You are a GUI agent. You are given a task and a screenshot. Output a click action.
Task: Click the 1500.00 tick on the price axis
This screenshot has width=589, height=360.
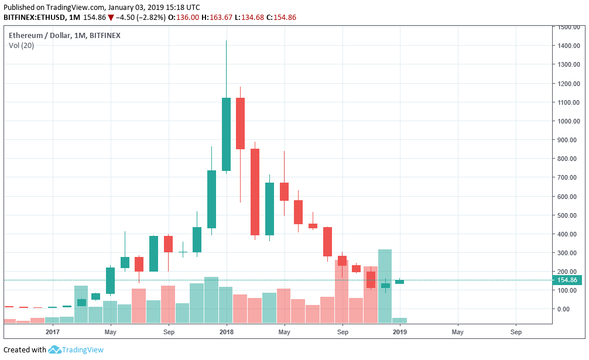click(x=569, y=28)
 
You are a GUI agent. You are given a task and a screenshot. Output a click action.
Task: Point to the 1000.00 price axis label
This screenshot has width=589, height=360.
click(x=569, y=121)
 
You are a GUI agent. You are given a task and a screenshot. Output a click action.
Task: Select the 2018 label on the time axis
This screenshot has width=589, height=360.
click(x=225, y=332)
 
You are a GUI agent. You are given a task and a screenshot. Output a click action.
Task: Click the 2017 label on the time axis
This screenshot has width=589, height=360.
click(x=53, y=332)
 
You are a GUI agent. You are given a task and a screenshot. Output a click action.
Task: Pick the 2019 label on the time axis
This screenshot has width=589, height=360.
click(x=399, y=332)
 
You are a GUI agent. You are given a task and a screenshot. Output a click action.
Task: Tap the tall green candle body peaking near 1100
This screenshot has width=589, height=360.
click(x=226, y=134)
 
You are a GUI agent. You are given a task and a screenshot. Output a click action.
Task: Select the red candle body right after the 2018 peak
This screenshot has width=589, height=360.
click(x=240, y=124)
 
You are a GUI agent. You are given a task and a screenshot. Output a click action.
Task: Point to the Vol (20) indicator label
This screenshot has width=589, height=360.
click(x=21, y=46)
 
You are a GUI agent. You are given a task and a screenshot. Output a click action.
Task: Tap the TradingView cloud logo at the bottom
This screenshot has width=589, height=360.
click(x=54, y=349)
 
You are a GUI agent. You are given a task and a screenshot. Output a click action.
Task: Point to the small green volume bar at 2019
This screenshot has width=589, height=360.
click(x=399, y=320)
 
